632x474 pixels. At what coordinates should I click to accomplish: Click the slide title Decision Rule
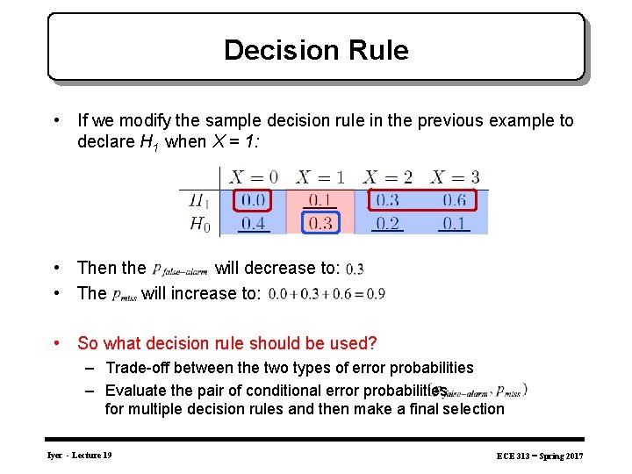click(316, 50)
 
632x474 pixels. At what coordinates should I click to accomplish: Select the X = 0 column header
click(254, 177)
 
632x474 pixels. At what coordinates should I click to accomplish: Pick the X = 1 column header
click(320, 177)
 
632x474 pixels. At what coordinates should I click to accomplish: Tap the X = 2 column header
click(387, 177)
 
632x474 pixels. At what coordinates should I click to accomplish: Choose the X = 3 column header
click(454, 177)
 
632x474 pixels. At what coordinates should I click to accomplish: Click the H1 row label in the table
click(200, 201)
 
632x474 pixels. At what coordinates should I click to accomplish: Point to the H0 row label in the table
click(200, 224)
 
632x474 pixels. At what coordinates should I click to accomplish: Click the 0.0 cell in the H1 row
click(254, 201)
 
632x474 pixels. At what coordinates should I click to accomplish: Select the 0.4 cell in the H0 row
click(254, 224)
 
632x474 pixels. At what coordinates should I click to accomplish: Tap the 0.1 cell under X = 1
click(320, 201)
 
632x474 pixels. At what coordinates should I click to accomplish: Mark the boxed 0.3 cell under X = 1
click(320, 224)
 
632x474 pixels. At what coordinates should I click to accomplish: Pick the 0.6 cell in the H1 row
click(454, 201)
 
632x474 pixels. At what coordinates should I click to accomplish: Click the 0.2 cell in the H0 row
click(387, 224)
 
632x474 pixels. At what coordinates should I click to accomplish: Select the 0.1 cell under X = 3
click(454, 224)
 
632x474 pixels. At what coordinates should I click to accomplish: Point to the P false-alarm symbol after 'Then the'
click(180, 269)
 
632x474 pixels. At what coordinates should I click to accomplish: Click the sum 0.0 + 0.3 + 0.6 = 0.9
click(327, 294)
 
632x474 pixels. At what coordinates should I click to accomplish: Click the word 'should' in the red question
click(255, 343)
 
